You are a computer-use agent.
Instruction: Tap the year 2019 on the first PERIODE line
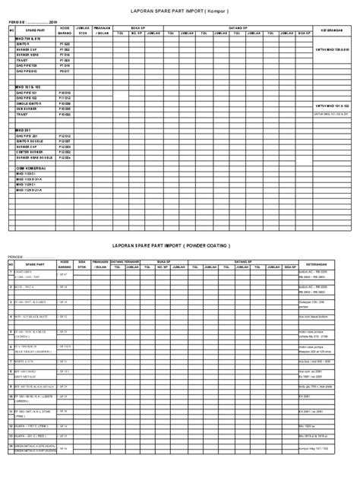[x=53, y=23]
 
